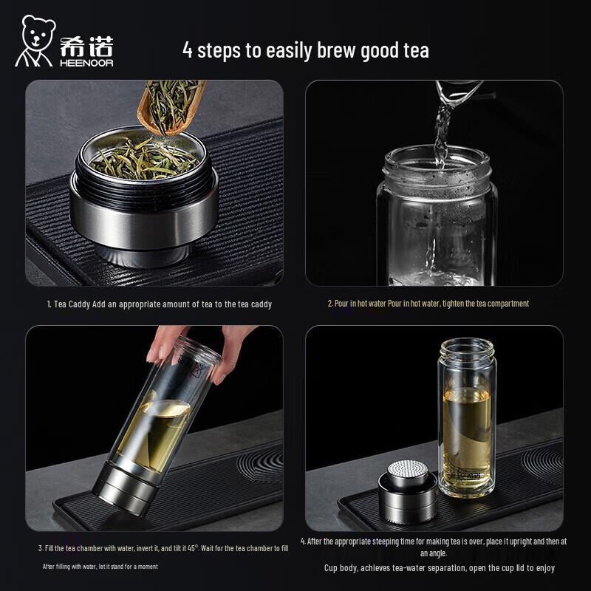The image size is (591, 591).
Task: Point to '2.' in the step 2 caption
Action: coord(330,304)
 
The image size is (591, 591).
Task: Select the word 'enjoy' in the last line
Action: coord(544,568)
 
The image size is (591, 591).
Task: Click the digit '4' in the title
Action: coord(188,50)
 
